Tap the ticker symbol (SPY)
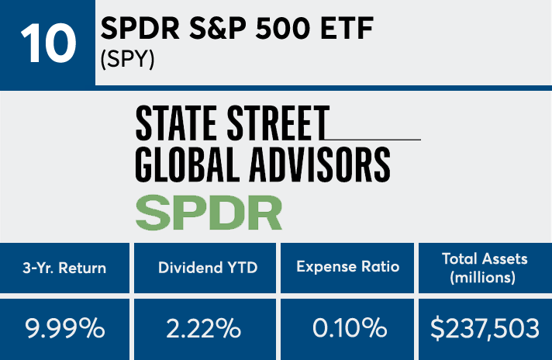(129, 60)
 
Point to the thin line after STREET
(375, 139)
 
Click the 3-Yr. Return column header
(65, 268)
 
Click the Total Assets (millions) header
(485, 267)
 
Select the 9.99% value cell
(66, 328)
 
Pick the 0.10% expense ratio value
(348, 328)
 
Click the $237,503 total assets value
(485, 328)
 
